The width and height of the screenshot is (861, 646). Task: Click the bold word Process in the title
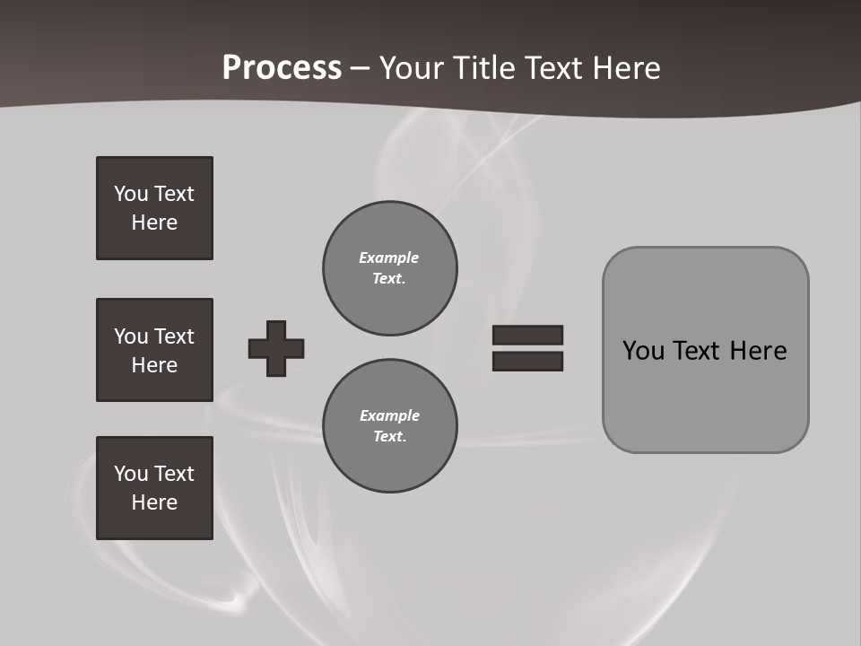point(282,68)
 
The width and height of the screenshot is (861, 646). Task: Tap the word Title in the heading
point(481,68)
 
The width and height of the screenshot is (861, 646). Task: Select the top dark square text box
point(154,208)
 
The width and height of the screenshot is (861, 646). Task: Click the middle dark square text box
point(154,350)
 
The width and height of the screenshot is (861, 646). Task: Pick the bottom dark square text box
point(154,488)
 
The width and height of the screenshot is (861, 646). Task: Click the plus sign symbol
point(276,348)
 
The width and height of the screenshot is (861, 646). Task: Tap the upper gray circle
point(389,268)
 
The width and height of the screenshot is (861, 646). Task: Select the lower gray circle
point(389,426)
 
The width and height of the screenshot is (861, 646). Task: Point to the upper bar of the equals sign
point(527,335)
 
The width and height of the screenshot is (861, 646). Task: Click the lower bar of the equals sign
point(527,361)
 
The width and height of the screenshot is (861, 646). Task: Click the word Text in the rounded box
point(696,350)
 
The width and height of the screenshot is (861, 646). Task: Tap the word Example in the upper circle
point(388,258)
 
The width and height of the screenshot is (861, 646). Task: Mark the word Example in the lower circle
point(389,415)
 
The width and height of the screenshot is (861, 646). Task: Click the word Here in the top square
point(154,223)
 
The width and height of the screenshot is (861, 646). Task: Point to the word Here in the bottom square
point(154,502)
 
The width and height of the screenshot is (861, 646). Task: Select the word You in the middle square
point(131,336)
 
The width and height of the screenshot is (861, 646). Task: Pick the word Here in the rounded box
point(758,350)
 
